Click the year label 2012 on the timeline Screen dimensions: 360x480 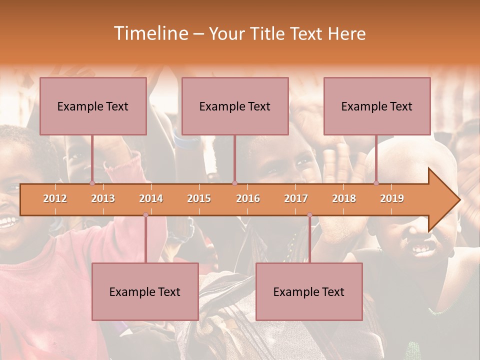pos(55,198)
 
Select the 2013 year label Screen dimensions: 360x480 pos(103,198)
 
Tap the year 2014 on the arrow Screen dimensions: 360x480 pos(151,198)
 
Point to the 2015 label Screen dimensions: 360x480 pos(199,198)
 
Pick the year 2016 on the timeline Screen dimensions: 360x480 pos(248,198)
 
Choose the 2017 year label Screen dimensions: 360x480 pos(296,198)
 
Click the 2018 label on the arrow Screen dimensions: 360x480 pos(344,198)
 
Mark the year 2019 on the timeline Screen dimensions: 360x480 pos(392,198)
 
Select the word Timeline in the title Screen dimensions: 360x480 pos(150,33)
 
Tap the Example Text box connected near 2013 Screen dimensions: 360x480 pos(93,106)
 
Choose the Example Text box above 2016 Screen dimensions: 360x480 pos(235,106)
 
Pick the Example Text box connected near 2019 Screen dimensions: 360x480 pos(377,106)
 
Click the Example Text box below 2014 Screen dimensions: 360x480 pos(145,291)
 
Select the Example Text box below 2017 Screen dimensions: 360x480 pos(309,291)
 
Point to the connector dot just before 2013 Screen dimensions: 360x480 pos(92,183)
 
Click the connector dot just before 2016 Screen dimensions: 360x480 pos(235,183)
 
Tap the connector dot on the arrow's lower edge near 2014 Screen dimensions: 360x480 pos(145,215)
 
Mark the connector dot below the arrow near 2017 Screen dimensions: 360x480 pos(309,215)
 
